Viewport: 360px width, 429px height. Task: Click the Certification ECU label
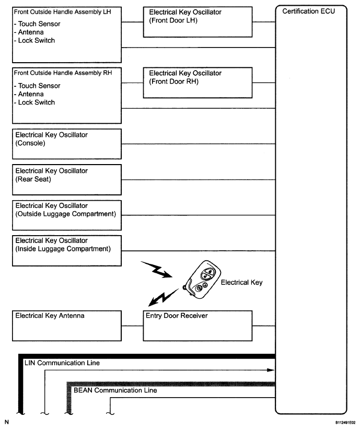[x=309, y=11]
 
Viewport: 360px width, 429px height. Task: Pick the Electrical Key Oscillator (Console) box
[x=66, y=144]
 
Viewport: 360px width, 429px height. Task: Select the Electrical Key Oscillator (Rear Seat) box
[x=66, y=180]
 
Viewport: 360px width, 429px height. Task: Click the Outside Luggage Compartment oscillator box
[x=66, y=215]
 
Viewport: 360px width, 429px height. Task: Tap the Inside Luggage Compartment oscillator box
[x=66, y=250]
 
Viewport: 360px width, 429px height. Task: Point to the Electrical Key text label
[x=241, y=283]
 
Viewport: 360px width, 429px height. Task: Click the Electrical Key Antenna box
[x=66, y=326]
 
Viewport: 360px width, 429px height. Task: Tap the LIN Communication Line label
[x=62, y=363]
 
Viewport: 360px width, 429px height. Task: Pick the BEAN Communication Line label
[x=115, y=390]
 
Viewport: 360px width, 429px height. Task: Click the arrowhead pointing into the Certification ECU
[x=271, y=370]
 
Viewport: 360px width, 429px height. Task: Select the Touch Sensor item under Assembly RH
[x=38, y=86]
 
